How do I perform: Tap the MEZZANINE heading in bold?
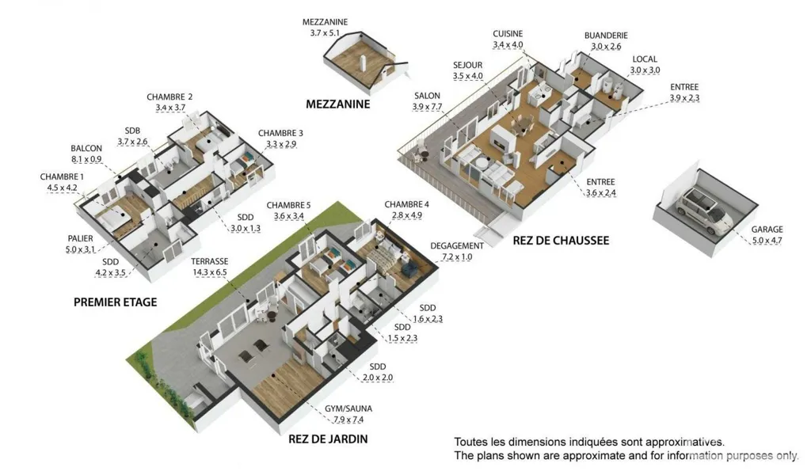(337, 104)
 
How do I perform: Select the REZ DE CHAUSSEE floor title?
(561, 241)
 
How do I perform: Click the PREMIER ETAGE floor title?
(115, 302)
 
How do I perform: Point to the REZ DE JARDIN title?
(328, 439)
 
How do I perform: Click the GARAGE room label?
(767, 229)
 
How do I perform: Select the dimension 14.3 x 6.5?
(209, 272)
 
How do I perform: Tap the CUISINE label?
(508, 33)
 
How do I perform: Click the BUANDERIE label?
(606, 35)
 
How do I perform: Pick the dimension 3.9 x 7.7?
(427, 107)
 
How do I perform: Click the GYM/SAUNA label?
(348, 408)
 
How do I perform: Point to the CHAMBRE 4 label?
(406, 204)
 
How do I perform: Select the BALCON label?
(86, 148)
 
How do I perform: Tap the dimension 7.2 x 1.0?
(457, 257)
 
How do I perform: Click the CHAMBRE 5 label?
(288, 205)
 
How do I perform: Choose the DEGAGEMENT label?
(457, 246)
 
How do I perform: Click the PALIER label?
(80, 238)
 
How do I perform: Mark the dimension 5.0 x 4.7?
(767, 241)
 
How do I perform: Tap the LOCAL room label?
(645, 59)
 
